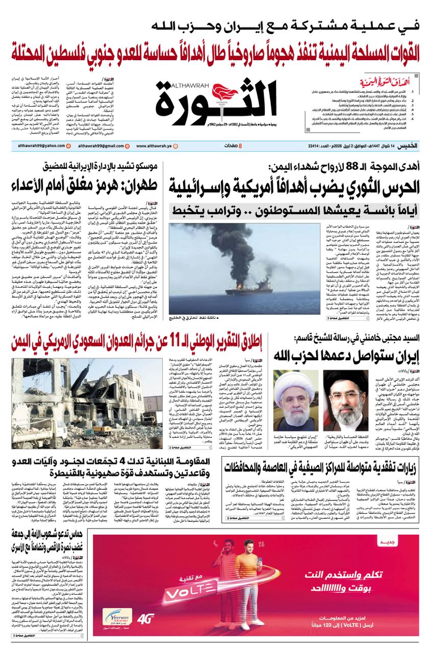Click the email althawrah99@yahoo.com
click(38, 146)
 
